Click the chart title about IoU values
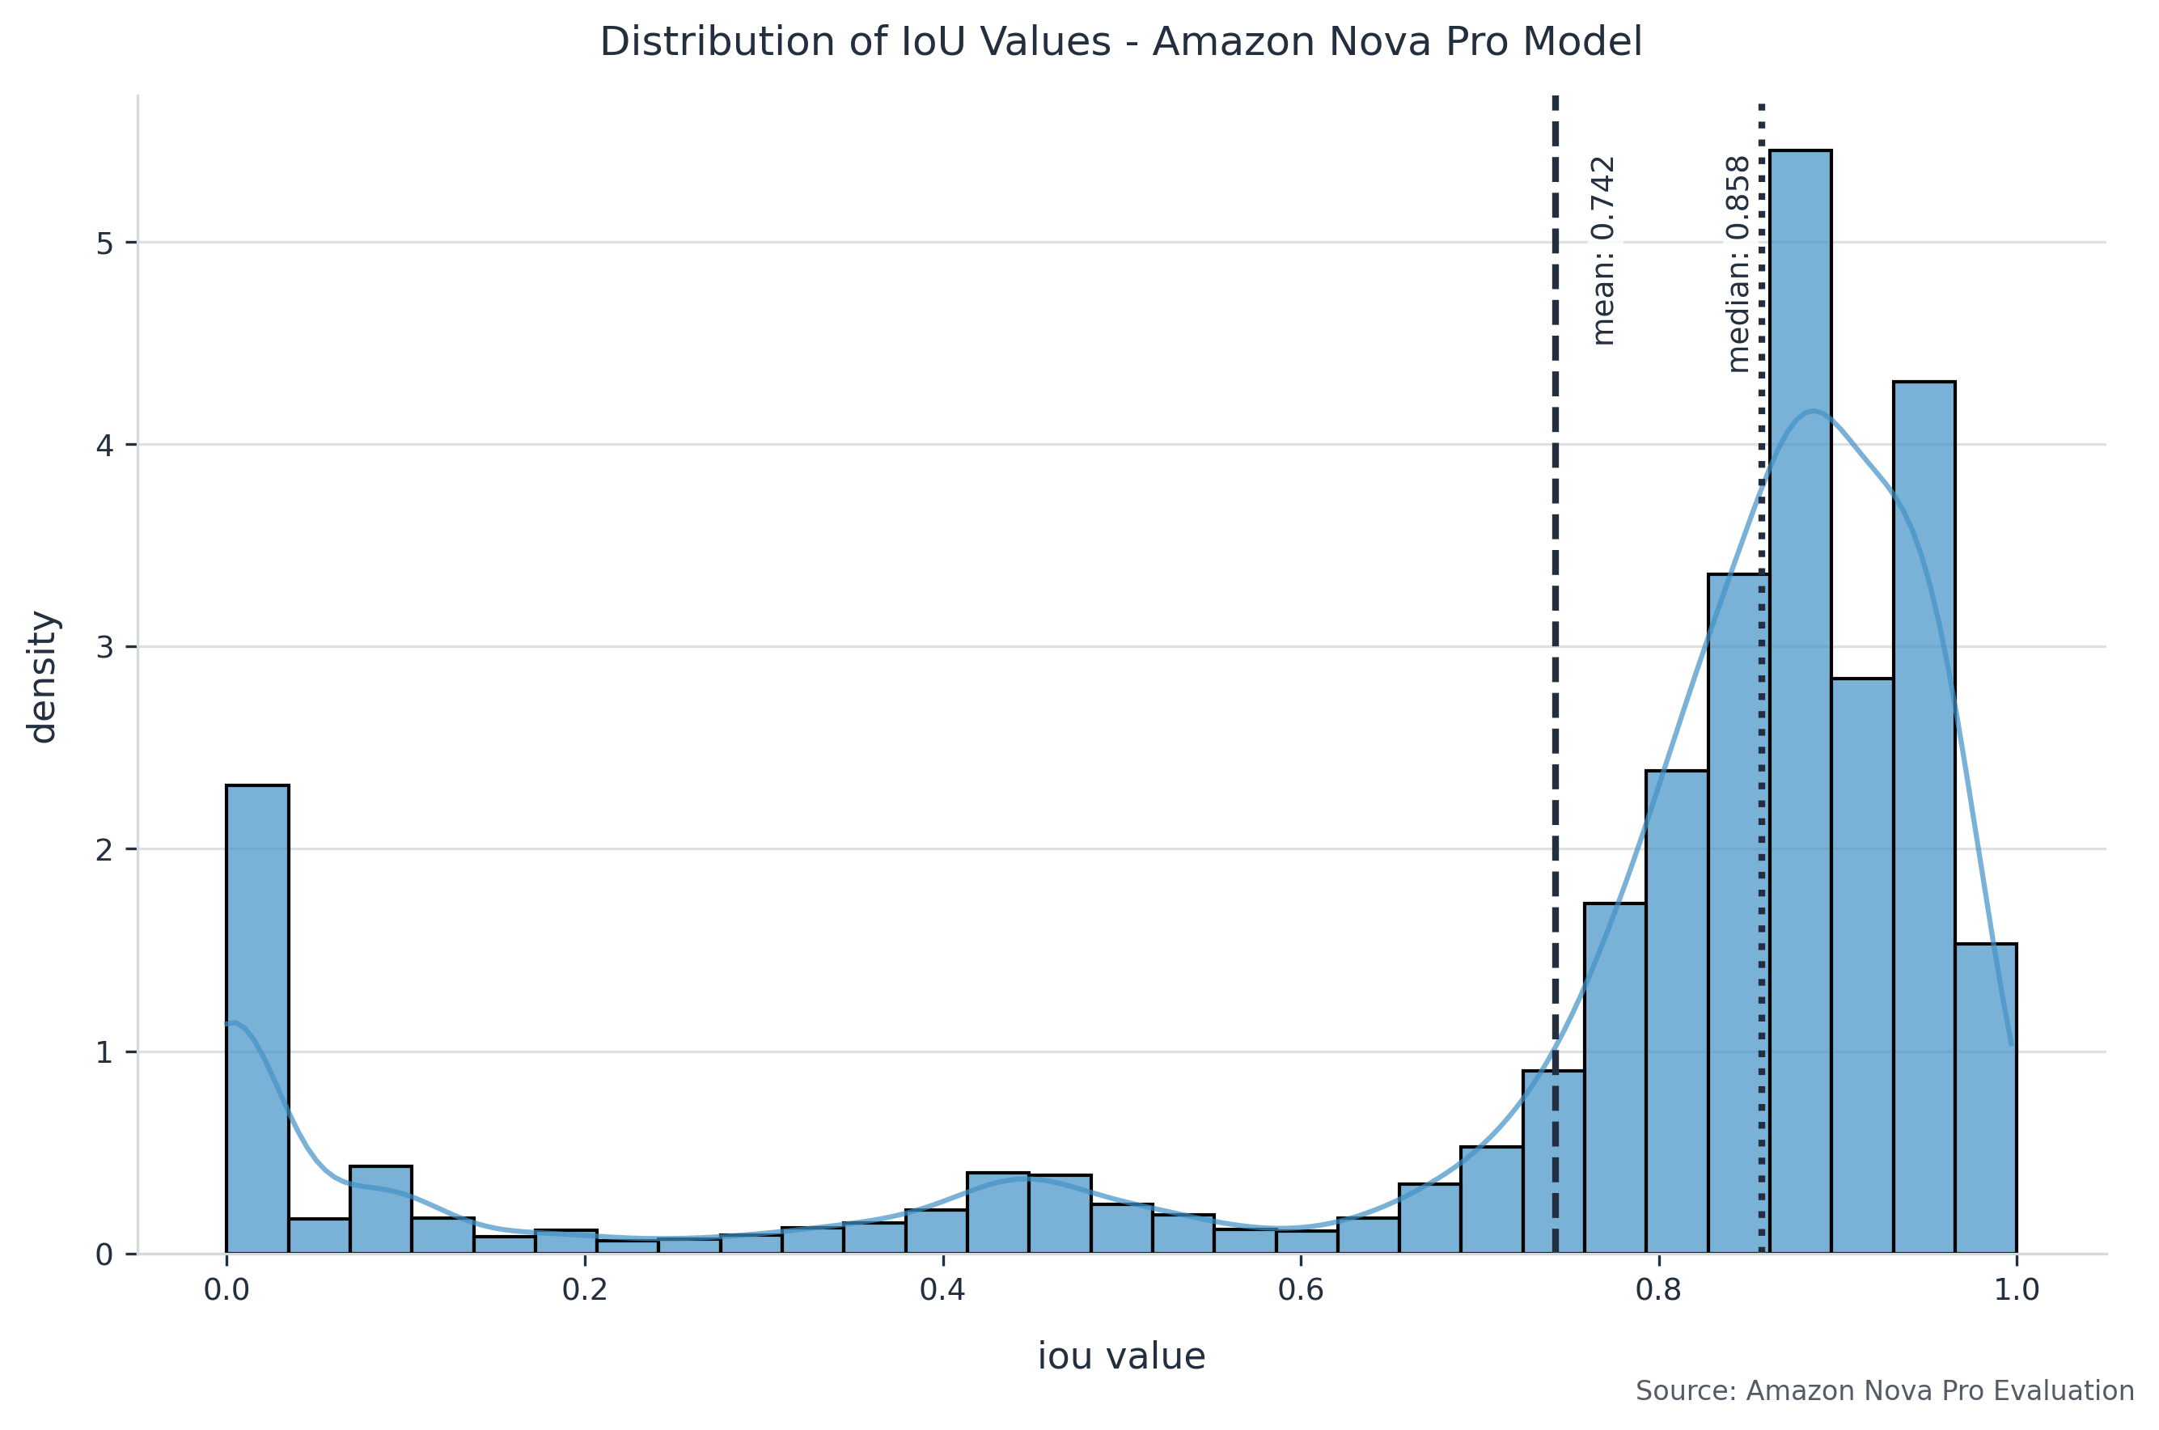tap(1120, 43)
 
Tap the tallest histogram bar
tap(1800, 702)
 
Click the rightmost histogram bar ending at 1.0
tap(1985, 1098)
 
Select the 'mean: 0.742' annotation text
tap(1602, 251)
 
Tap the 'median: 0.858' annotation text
tap(1738, 264)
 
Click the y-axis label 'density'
tap(42, 677)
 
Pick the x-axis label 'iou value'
tap(1120, 1356)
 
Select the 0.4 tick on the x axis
tap(942, 1289)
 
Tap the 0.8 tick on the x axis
tap(1658, 1289)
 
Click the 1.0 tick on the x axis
tap(2016, 1289)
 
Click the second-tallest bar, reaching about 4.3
tap(1923, 821)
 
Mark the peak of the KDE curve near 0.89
tap(1814, 412)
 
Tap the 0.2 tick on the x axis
tap(585, 1289)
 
